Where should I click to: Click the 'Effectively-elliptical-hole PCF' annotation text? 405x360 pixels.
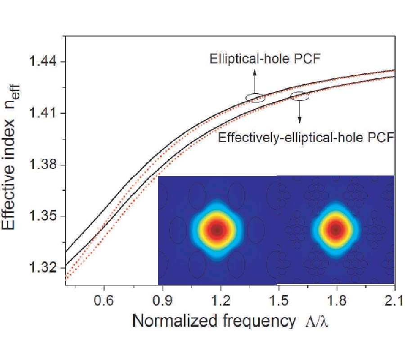pos(306,137)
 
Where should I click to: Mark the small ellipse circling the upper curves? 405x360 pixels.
pos(255,98)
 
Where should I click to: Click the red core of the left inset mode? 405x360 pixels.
pos(217,229)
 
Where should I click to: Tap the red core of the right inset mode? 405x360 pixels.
pos(335,229)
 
